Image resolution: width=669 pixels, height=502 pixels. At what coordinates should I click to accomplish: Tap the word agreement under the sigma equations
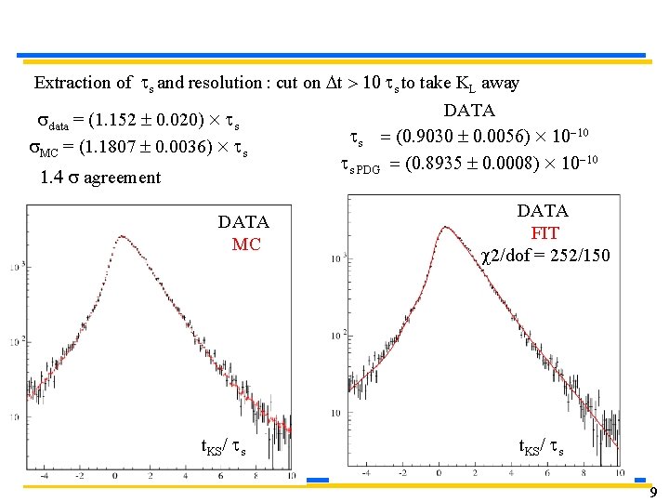coord(122,178)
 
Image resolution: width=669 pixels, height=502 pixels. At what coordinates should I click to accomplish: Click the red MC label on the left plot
coord(246,244)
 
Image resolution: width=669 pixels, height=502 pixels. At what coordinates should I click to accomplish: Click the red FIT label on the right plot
coord(544,232)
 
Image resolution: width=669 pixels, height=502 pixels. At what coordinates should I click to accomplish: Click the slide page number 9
coord(653,492)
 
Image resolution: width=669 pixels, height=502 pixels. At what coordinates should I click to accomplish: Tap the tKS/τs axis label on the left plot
coord(224,447)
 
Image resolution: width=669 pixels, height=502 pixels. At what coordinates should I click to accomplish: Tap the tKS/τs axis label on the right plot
coord(542,447)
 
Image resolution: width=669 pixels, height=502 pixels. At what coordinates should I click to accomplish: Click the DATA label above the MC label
coord(243,222)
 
